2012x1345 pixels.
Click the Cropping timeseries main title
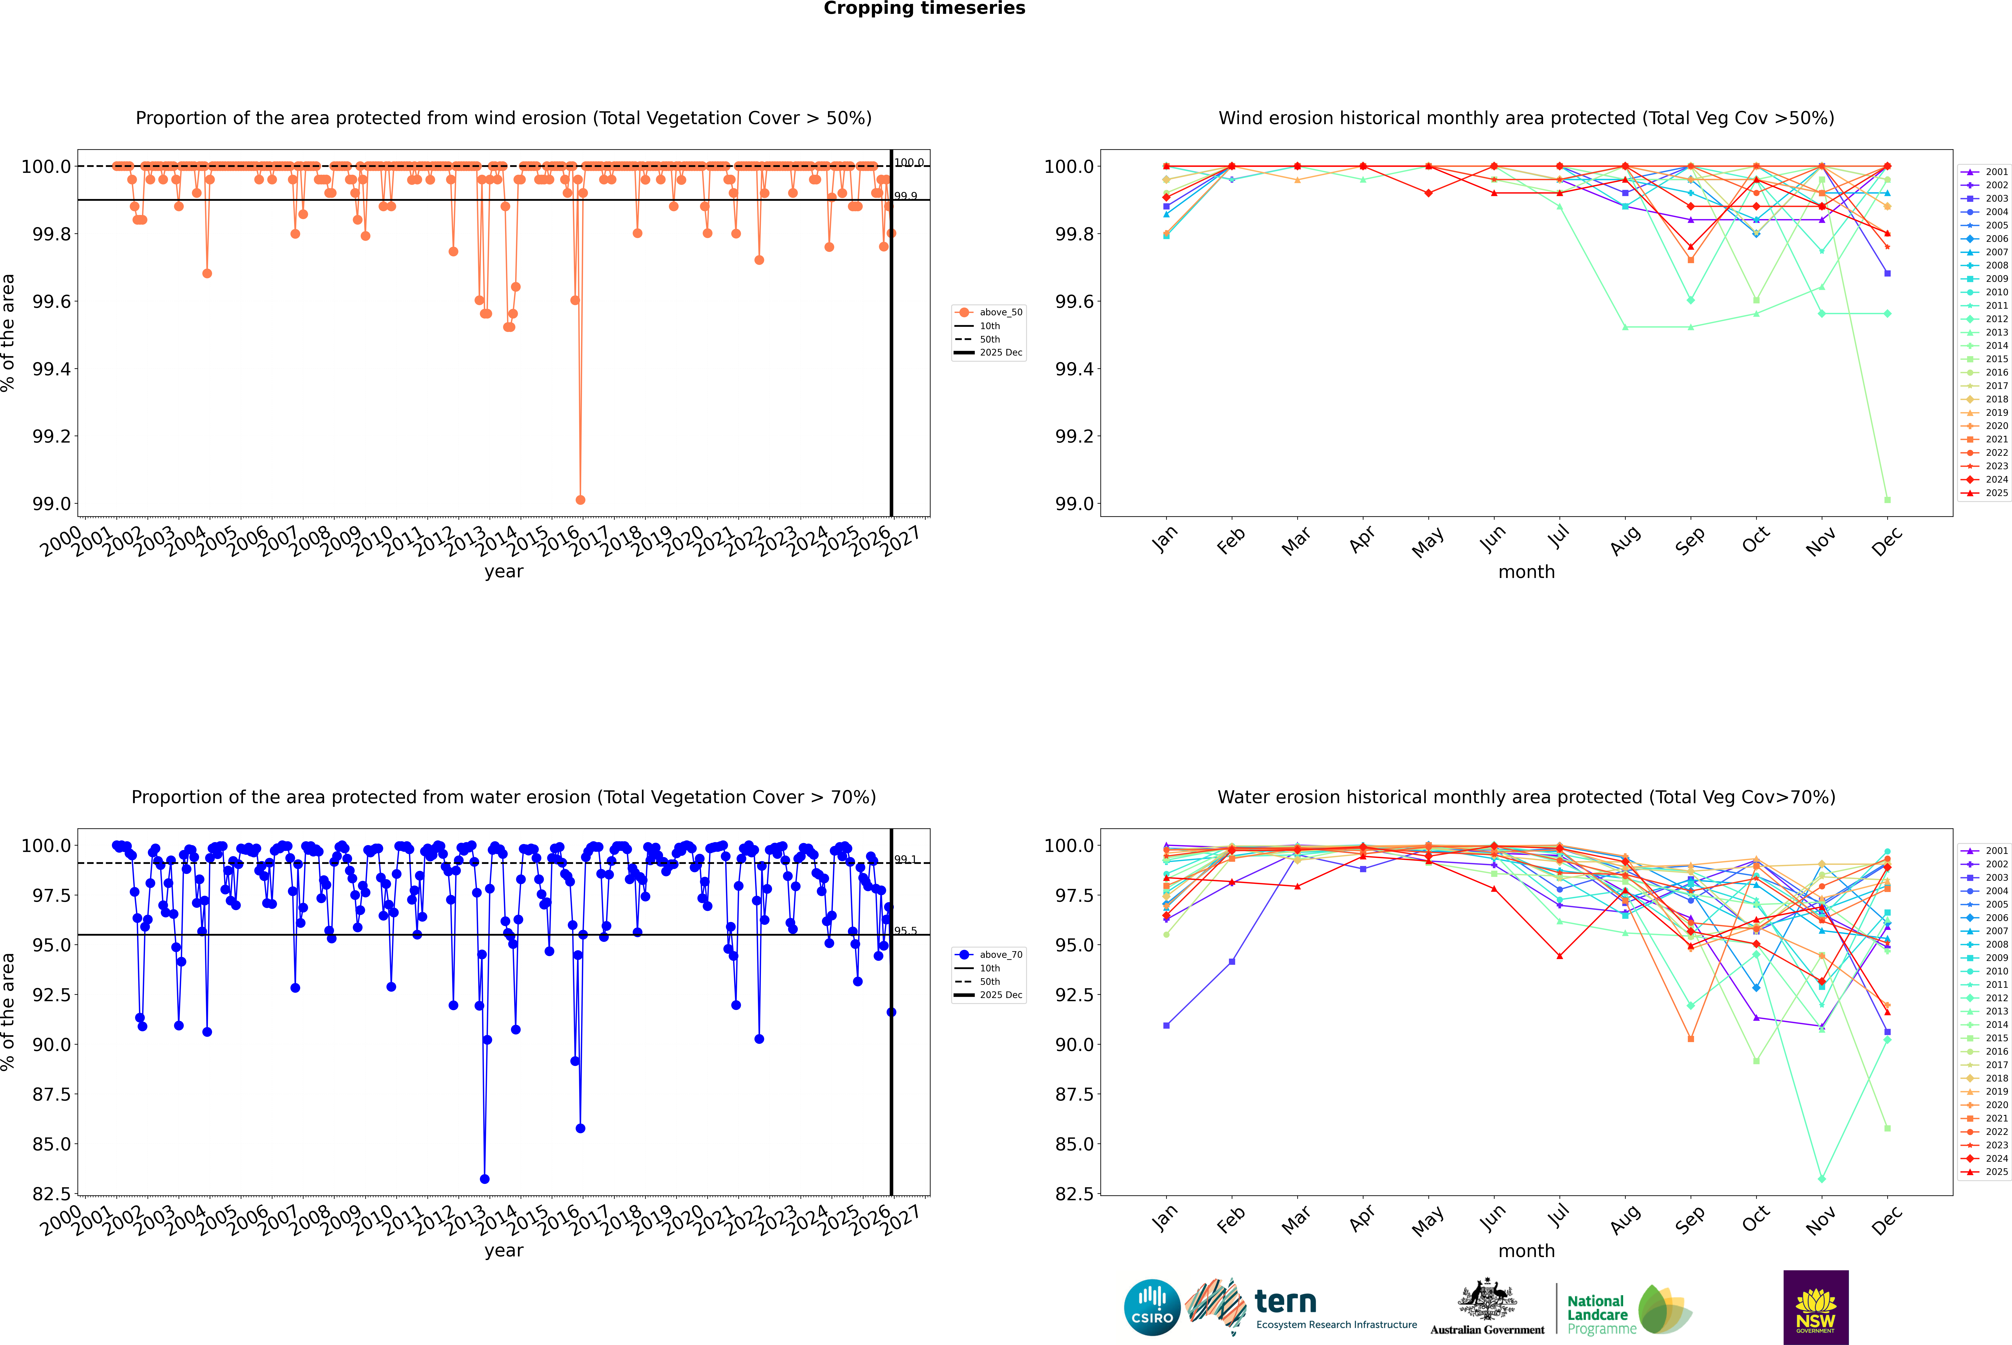click(x=924, y=9)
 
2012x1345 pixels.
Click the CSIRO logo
click(x=1152, y=1307)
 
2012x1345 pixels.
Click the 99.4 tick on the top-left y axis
click(x=52, y=369)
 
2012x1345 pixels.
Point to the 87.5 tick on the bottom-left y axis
click(x=52, y=1094)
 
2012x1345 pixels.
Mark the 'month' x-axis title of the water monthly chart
click(x=1526, y=1251)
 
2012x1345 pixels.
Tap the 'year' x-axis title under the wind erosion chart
click(x=503, y=571)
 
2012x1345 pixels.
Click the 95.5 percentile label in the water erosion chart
click(x=906, y=931)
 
